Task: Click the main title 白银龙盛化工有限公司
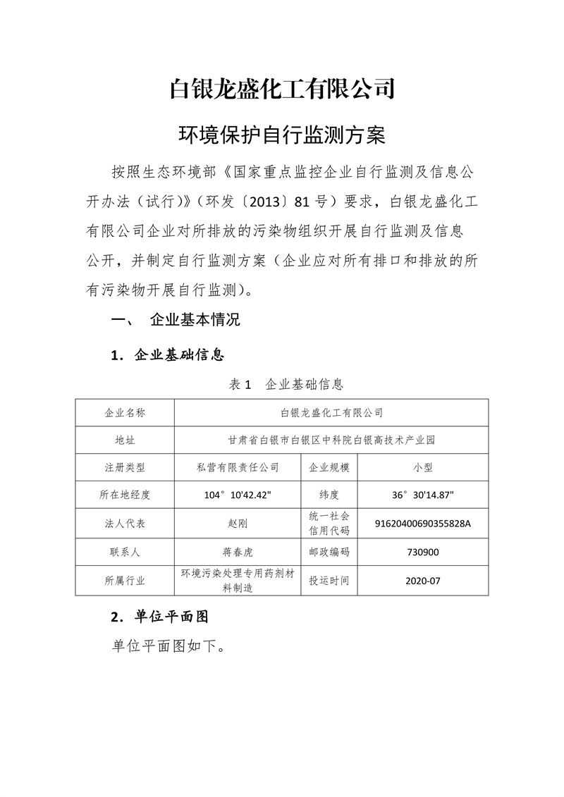pyautogui.click(x=282, y=90)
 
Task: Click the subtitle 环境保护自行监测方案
pyautogui.click(x=282, y=135)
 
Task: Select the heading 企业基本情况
pyautogui.click(x=195, y=320)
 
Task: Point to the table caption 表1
pyautogui.click(x=240, y=384)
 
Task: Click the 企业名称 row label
pyautogui.click(x=125, y=412)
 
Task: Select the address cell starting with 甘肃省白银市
pyautogui.click(x=331, y=440)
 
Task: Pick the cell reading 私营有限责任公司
pyautogui.click(x=238, y=467)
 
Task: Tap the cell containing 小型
pyautogui.click(x=423, y=467)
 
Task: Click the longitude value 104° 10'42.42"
pyautogui.click(x=238, y=495)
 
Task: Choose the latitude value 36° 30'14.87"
pyautogui.click(x=423, y=495)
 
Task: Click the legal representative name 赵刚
pyautogui.click(x=238, y=524)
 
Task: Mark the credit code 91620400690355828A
pyautogui.click(x=423, y=524)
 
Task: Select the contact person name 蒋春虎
pyautogui.click(x=238, y=552)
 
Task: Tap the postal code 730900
pyautogui.click(x=423, y=552)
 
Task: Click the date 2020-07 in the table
pyautogui.click(x=423, y=581)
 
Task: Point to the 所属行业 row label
pyautogui.click(x=125, y=581)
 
